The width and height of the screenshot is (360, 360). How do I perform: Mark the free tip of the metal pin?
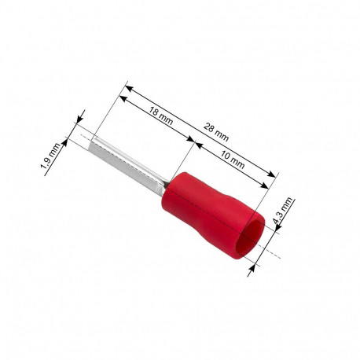(93, 141)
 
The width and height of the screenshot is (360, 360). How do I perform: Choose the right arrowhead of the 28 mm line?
(274, 176)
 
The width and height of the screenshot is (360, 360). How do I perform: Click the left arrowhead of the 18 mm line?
(122, 97)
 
